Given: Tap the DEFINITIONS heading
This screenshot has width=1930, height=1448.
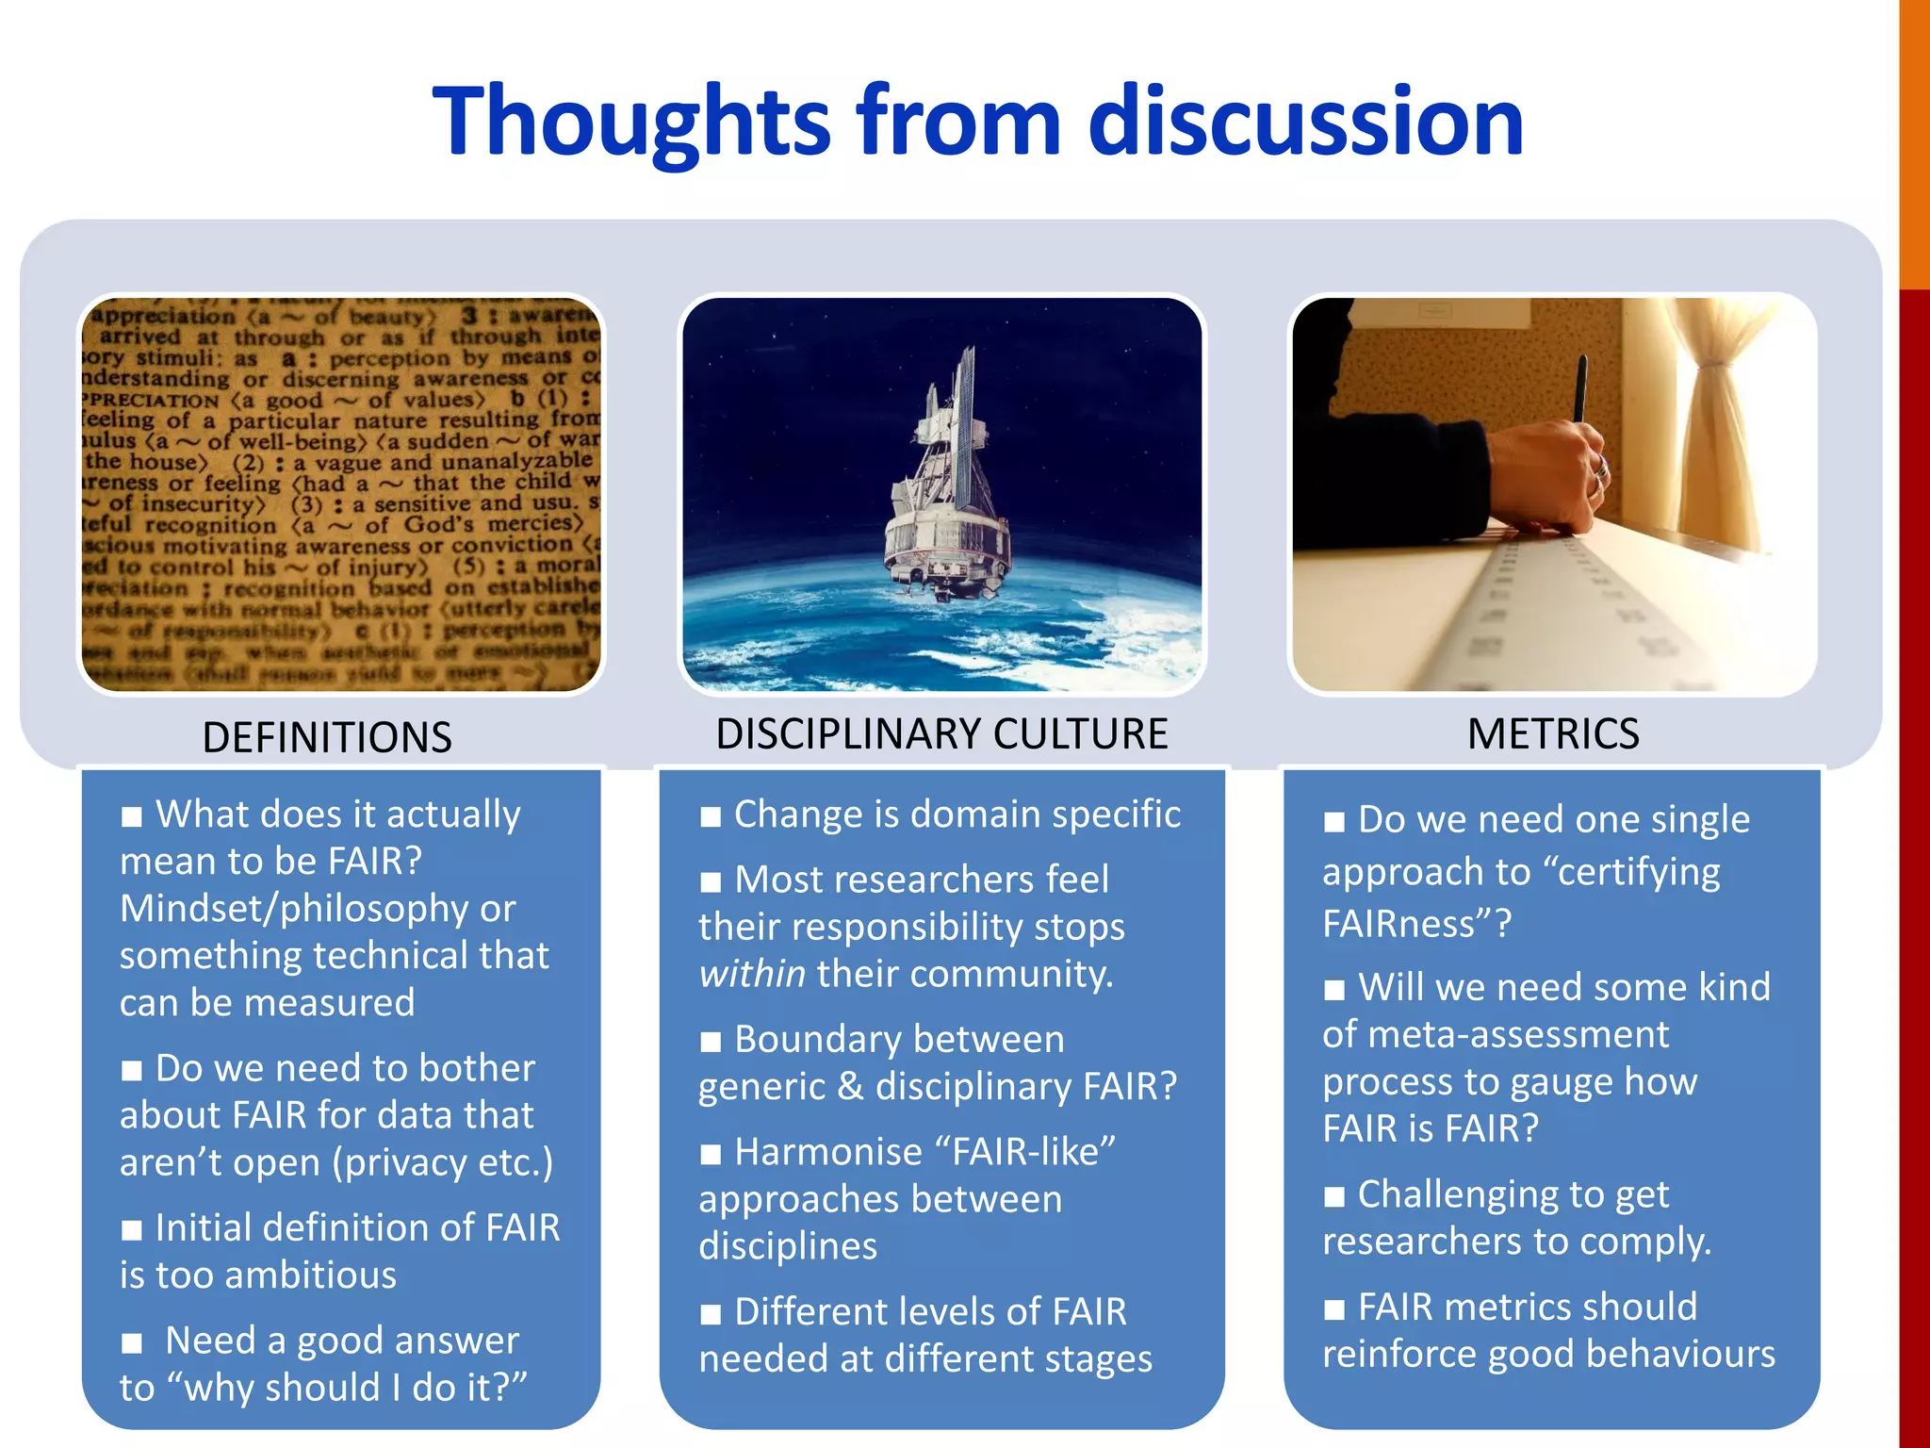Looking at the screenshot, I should coord(327,736).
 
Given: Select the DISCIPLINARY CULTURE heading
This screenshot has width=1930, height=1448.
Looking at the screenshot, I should coord(941,733).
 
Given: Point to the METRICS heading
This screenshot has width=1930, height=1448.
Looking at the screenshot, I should coord(1553,733).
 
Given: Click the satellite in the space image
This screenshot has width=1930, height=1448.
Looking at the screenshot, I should coord(942,490).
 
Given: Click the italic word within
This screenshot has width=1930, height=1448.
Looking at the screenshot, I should coord(752,974).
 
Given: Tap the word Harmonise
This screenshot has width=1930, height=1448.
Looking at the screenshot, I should coord(827,1152).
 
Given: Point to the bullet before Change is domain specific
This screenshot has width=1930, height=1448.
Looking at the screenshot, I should coord(711,816).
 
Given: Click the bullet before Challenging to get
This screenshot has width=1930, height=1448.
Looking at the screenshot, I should coord(1334,1197).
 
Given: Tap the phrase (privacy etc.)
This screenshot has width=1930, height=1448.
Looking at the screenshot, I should coord(442,1162).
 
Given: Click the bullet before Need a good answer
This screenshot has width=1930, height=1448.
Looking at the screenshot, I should coord(132,1343).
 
